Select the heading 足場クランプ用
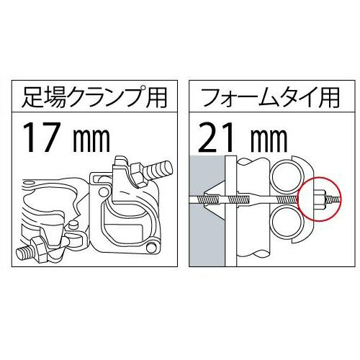click(94, 97)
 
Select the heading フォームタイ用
click(271, 97)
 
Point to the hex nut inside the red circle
click(320, 199)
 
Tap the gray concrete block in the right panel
click(207, 211)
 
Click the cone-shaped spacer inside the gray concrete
click(215, 199)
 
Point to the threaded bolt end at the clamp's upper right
click(158, 169)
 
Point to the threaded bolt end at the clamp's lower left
click(26, 252)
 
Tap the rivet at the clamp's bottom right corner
click(151, 247)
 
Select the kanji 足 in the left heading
click(31, 97)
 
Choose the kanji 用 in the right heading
click(330, 97)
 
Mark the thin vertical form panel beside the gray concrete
click(230, 211)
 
